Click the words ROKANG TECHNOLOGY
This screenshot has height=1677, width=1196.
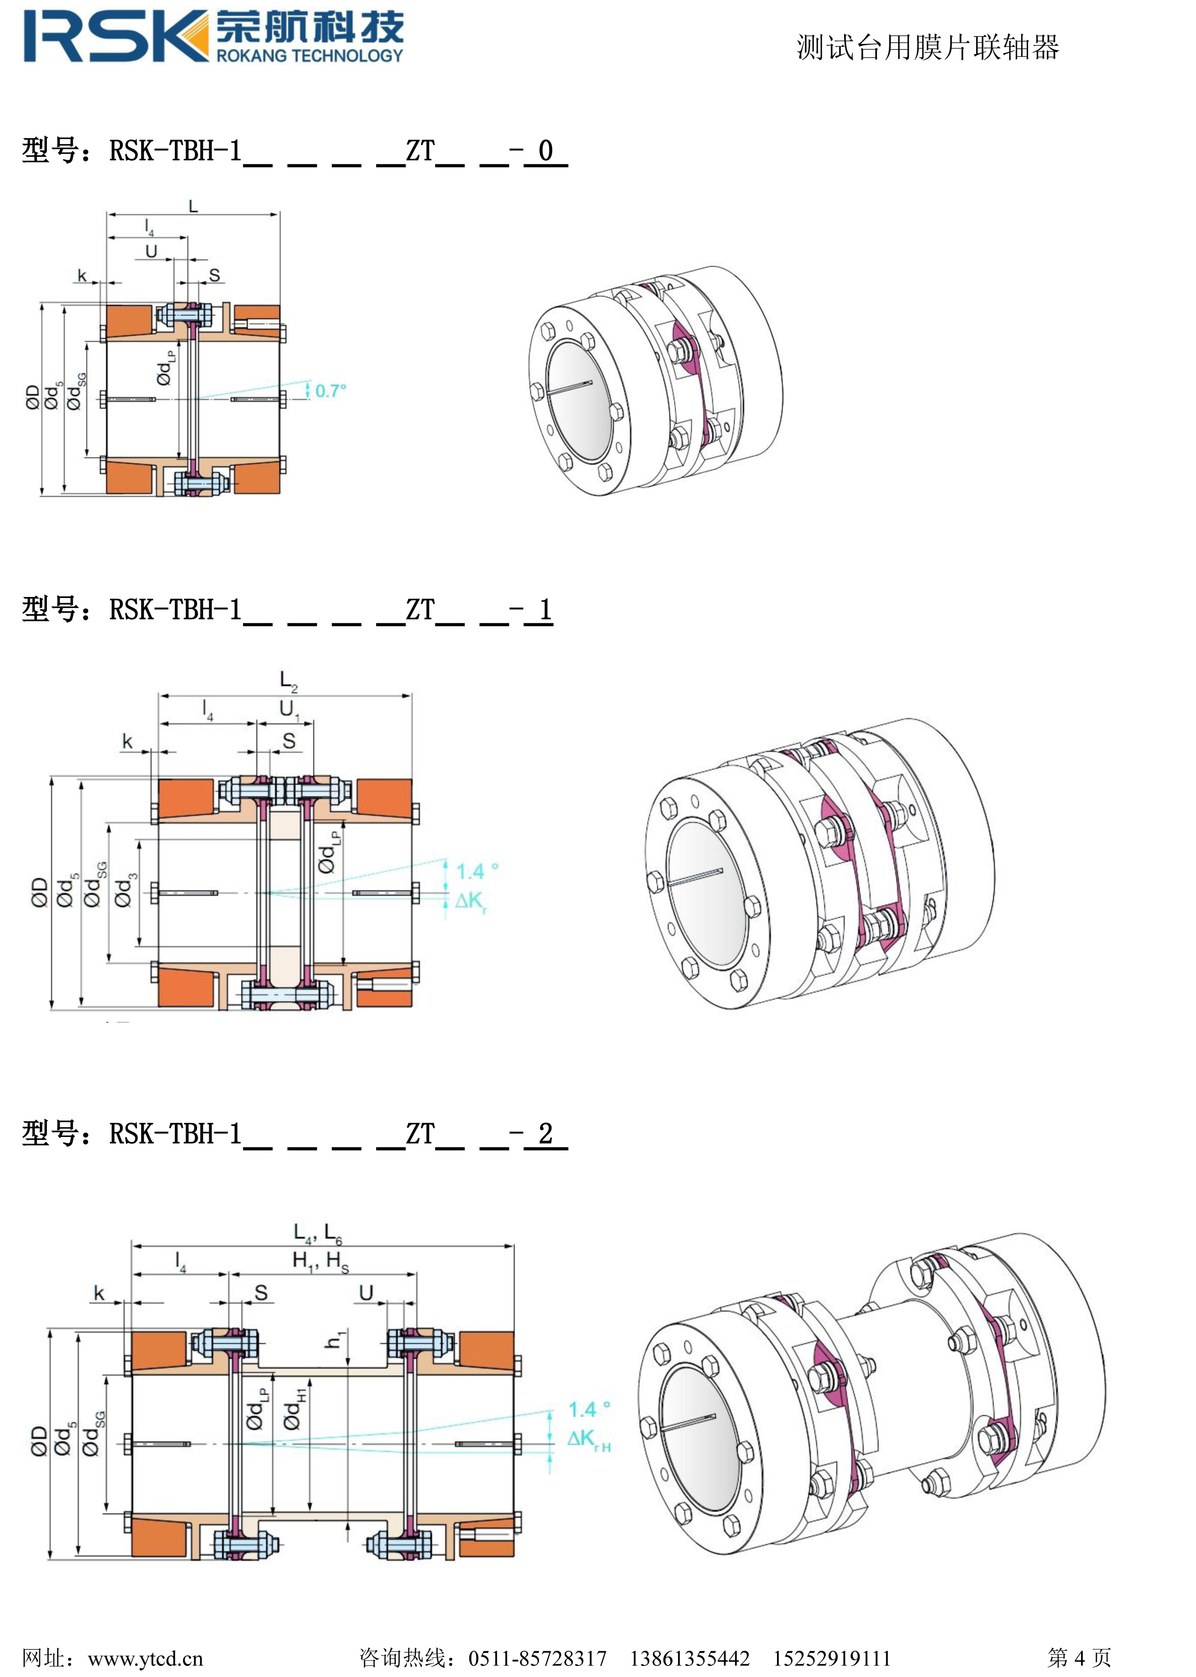point(309,55)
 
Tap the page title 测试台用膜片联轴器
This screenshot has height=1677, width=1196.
point(927,48)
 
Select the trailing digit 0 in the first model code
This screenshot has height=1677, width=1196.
point(546,151)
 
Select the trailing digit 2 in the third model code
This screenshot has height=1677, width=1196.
point(546,1133)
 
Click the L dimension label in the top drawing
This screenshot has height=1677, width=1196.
point(193,206)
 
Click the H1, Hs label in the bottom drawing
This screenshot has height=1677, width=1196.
point(320,1261)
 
